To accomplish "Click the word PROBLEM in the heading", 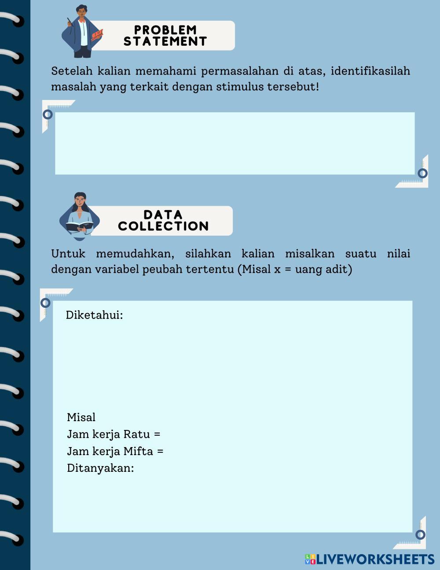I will pos(165,30).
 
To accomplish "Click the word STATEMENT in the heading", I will pos(165,41).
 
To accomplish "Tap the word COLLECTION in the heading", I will pos(163,226).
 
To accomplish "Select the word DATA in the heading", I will pos(163,215).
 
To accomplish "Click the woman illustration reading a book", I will pos(80,216).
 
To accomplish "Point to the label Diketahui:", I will pos(94,315).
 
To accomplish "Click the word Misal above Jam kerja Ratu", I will pos(81,417).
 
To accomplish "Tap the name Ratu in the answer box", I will pos(136,434).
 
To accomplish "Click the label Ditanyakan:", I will pos(100,468).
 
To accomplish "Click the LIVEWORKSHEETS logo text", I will pos(375,559).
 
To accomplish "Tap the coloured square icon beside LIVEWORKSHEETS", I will pos(310,559).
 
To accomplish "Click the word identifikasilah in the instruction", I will pos(370,71).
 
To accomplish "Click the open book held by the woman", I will pos(80,226).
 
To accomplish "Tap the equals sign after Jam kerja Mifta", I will pos(160,452).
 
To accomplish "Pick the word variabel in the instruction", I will pos(117,269).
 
